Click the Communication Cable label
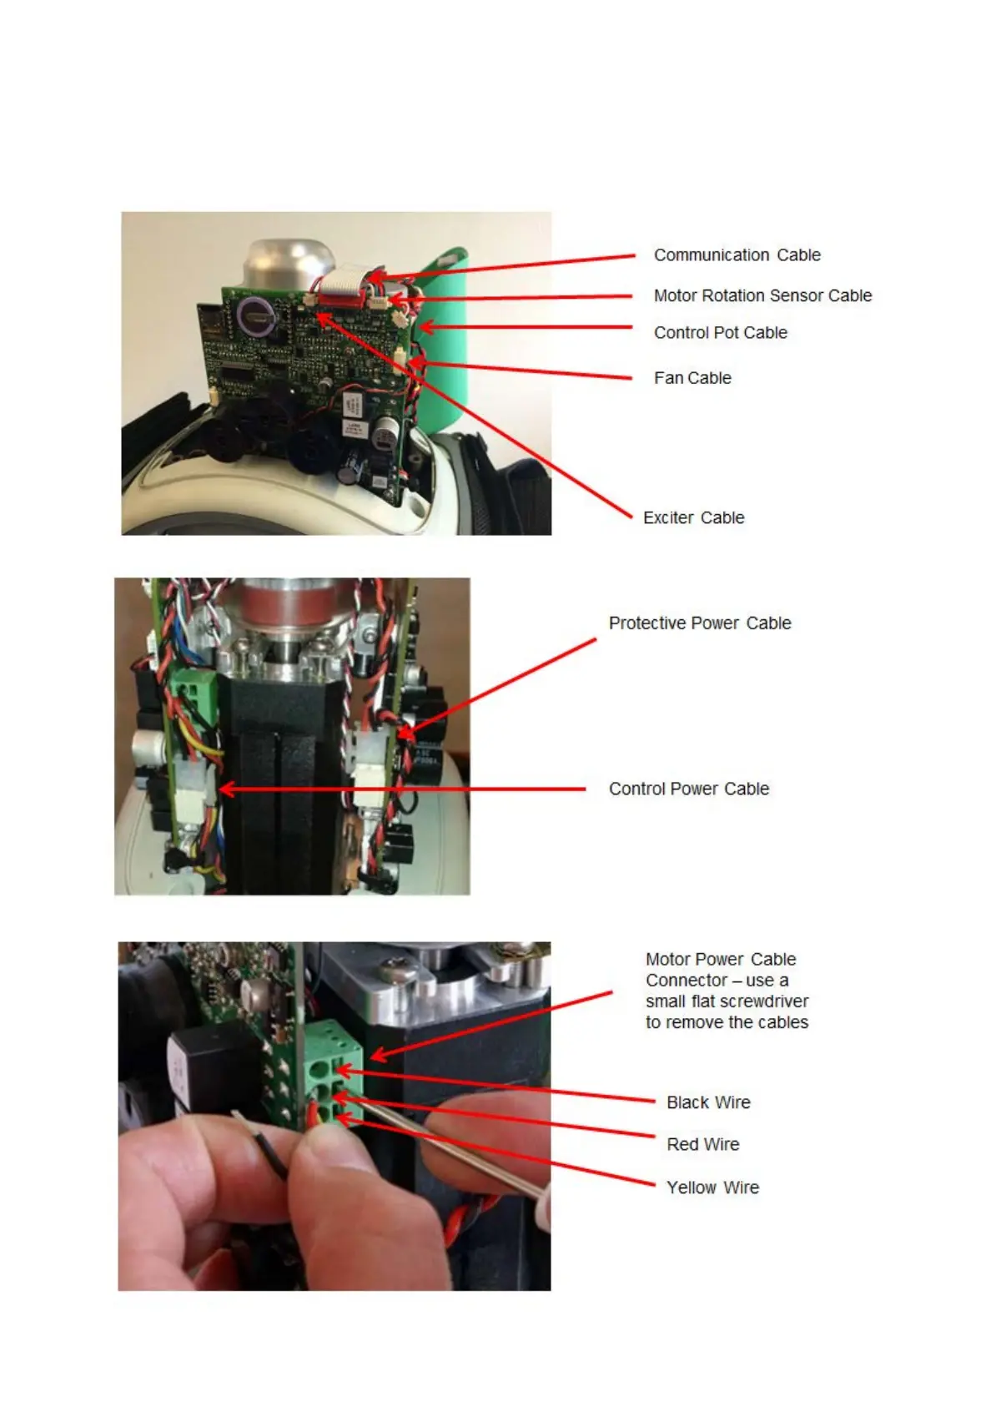(737, 255)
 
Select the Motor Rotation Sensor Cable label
(762, 295)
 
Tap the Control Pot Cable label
(720, 333)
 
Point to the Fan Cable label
(692, 378)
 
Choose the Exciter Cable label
(693, 518)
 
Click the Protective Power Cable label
(699, 623)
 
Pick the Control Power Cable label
(688, 789)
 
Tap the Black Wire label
(708, 1103)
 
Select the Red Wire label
(702, 1145)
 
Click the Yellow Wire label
(712, 1188)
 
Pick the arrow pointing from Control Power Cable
(400, 789)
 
